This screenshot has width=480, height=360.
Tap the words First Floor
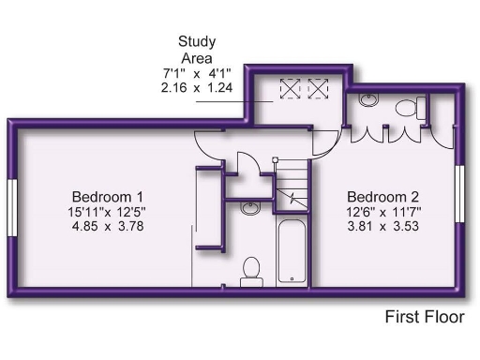click(x=425, y=317)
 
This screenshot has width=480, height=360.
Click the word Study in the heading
click(x=197, y=41)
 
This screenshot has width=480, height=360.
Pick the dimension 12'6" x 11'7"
click(x=382, y=211)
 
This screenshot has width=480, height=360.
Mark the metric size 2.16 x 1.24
click(x=197, y=89)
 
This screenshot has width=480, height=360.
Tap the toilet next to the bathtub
click(x=250, y=271)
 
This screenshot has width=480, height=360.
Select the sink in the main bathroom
click(x=250, y=208)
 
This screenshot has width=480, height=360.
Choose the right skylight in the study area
click(x=319, y=90)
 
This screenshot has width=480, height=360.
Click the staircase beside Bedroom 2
click(x=293, y=184)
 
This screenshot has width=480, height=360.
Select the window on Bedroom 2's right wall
click(x=459, y=196)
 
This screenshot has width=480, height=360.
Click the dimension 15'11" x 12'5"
click(x=107, y=211)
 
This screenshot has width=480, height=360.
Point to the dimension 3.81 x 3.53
click(x=382, y=226)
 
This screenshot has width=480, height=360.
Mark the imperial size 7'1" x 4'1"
click(x=197, y=73)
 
